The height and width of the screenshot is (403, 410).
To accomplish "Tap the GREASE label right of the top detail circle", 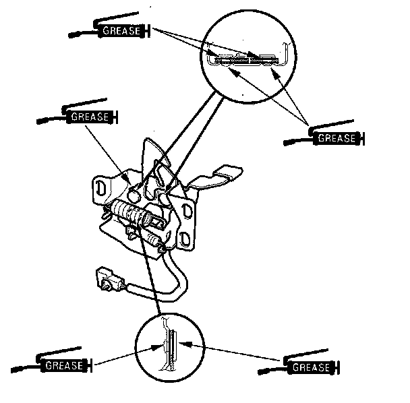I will pos(335,139).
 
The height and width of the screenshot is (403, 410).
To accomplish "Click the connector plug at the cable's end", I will pos(107,278).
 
